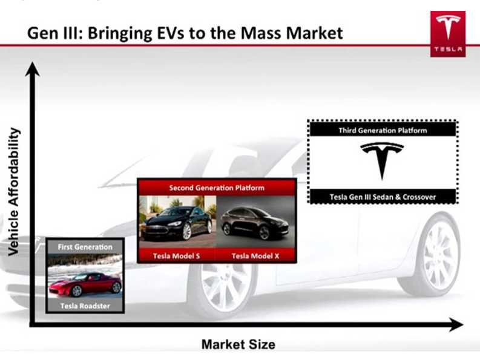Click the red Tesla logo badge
pos(448,34)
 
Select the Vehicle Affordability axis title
pos(13,192)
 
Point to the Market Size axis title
pos(238,344)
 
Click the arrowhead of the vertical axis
pos(32,69)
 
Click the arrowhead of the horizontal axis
pos(456,324)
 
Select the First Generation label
pos(85,247)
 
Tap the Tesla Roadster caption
pos(85,306)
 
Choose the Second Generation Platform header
pos(217,188)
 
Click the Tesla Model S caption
pos(176,256)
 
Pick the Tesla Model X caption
pos(255,256)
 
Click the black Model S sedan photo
pos(178,221)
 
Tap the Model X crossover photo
pos(255,221)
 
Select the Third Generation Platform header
pos(383,131)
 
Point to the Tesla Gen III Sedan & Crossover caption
pos(383,197)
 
